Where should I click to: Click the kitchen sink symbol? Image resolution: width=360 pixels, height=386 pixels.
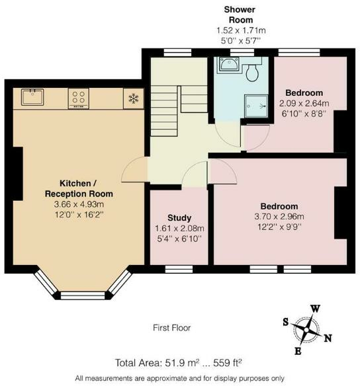click(x=32, y=97)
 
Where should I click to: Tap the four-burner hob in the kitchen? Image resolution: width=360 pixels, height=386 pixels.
click(x=79, y=98)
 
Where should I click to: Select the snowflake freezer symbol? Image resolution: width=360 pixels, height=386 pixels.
click(x=133, y=98)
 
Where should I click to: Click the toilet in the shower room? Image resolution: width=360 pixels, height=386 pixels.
click(x=252, y=73)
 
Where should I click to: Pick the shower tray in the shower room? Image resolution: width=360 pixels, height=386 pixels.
click(x=256, y=106)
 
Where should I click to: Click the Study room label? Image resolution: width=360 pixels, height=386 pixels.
click(x=179, y=218)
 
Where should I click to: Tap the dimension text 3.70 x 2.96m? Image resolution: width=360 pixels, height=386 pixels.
click(x=279, y=217)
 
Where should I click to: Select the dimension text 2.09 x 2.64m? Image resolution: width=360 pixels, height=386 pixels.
click(x=304, y=103)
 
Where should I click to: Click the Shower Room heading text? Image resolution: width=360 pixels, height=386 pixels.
click(x=240, y=15)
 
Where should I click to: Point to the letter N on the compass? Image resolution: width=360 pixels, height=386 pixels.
click(x=328, y=338)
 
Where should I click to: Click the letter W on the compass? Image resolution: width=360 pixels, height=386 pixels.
click(x=315, y=309)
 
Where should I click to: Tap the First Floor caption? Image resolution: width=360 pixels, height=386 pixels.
click(x=172, y=328)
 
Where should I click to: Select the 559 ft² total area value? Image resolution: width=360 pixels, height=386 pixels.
click(x=227, y=363)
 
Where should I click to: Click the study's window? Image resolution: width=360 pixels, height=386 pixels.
click(x=179, y=269)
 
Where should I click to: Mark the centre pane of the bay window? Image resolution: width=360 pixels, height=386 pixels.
click(x=83, y=295)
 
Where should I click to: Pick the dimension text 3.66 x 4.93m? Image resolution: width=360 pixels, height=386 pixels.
click(x=79, y=204)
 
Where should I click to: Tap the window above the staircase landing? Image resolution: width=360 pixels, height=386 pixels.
click(x=177, y=53)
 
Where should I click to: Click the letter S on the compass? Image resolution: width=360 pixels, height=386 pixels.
click(x=286, y=322)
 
